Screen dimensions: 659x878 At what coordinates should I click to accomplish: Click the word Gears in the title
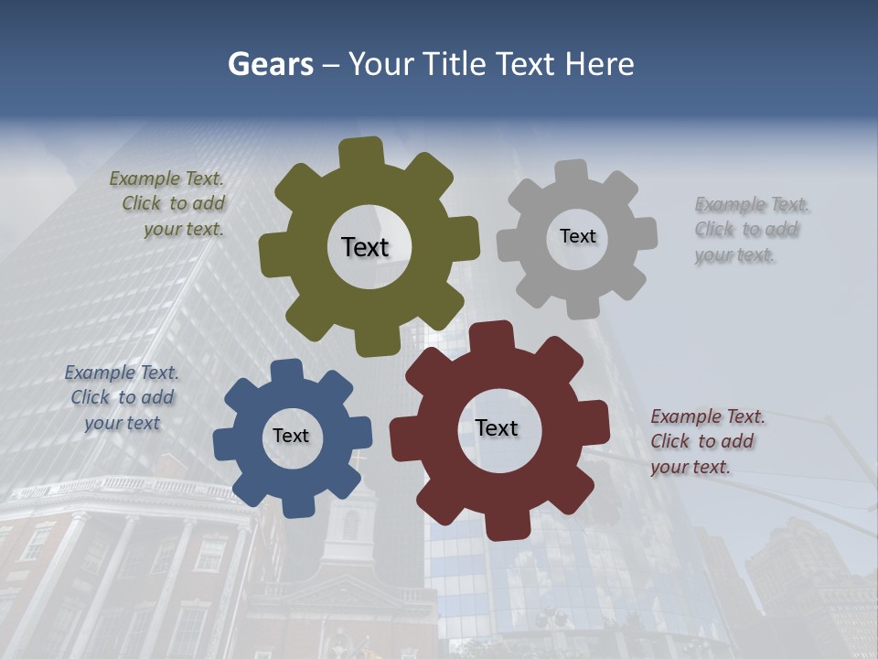coord(270,64)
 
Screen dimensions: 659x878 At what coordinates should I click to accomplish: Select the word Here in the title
coord(599,64)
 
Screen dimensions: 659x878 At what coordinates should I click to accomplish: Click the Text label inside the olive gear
coord(365,247)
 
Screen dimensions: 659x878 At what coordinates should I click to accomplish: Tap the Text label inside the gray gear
coord(577,236)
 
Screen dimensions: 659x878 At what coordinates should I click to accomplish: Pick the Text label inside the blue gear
coord(291,436)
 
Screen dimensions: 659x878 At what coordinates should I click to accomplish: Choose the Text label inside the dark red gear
coord(497,427)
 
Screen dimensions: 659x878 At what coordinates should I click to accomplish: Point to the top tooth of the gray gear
coord(572,173)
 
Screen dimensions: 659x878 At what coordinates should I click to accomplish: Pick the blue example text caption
coord(122,397)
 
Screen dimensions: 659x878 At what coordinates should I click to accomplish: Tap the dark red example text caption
coord(706,441)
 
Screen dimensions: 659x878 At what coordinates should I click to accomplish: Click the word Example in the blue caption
coord(99,373)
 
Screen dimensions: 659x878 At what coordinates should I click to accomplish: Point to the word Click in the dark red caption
coord(670,441)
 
